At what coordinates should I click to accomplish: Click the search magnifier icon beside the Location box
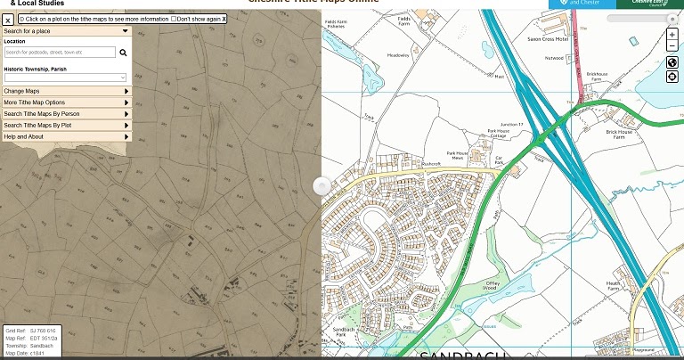point(123,53)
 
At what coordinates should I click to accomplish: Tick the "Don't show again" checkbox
point(175,18)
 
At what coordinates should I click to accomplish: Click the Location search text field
point(60,53)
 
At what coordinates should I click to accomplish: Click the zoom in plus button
point(672,35)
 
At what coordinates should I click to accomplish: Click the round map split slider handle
point(322,185)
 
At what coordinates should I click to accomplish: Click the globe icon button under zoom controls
point(672,63)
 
